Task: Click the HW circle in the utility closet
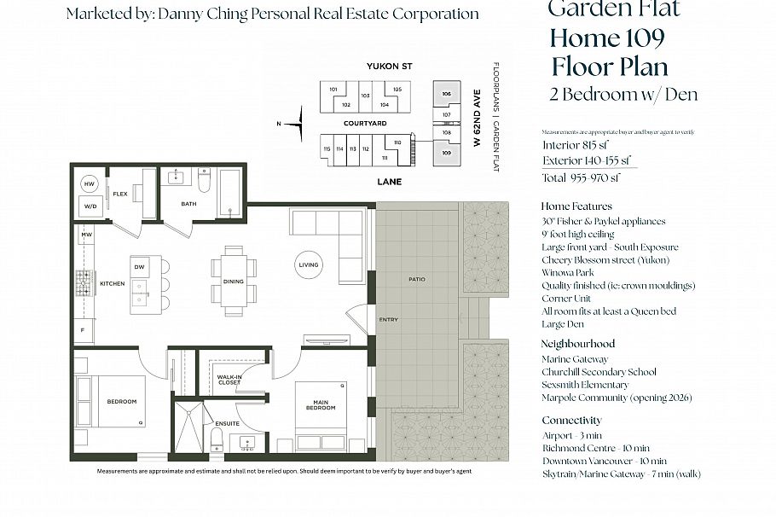(90, 183)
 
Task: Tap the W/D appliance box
(90, 206)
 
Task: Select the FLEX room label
(119, 195)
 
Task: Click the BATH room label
(189, 204)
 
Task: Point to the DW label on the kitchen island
(140, 266)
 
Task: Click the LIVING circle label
(308, 264)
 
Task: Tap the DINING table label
(233, 281)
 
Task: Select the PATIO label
(416, 279)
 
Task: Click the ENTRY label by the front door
(388, 319)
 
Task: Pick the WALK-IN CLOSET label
(228, 380)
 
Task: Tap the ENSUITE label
(227, 423)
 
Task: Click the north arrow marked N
(290, 125)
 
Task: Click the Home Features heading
(576, 206)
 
